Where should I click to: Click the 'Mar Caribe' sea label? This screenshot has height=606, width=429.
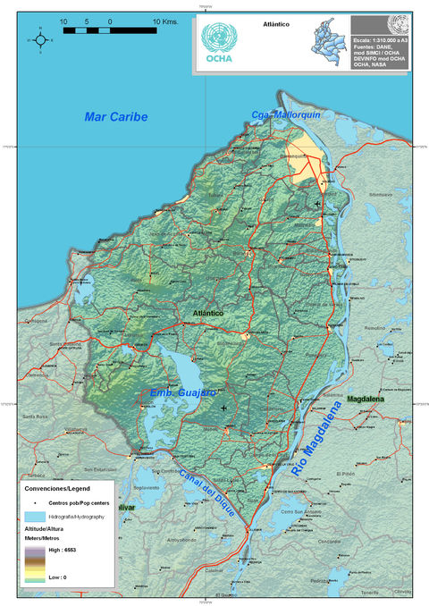pyautogui.click(x=116, y=117)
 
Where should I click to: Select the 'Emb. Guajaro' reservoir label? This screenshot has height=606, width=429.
pyautogui.click(x=182, y=391)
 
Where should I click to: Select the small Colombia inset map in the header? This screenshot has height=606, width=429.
pyautogui.click(x=327, y=41)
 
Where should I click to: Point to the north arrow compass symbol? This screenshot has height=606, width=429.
pyautogui.click(x=40, y=39)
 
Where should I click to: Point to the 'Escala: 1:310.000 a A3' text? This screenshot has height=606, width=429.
pyautogui.click(x=386, y=40)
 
